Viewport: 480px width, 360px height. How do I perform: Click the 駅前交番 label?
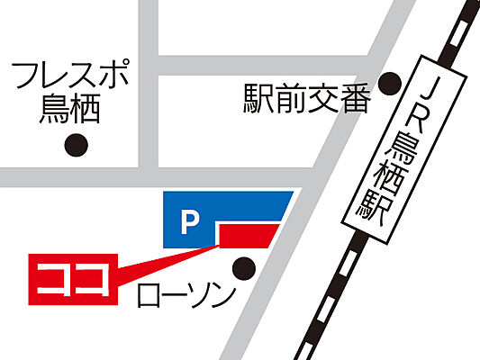[307, 98]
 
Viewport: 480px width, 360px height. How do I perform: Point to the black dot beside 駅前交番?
[389, 84]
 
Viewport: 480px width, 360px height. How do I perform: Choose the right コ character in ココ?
[94, 276]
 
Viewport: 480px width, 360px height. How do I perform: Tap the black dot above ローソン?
[243, 266]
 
